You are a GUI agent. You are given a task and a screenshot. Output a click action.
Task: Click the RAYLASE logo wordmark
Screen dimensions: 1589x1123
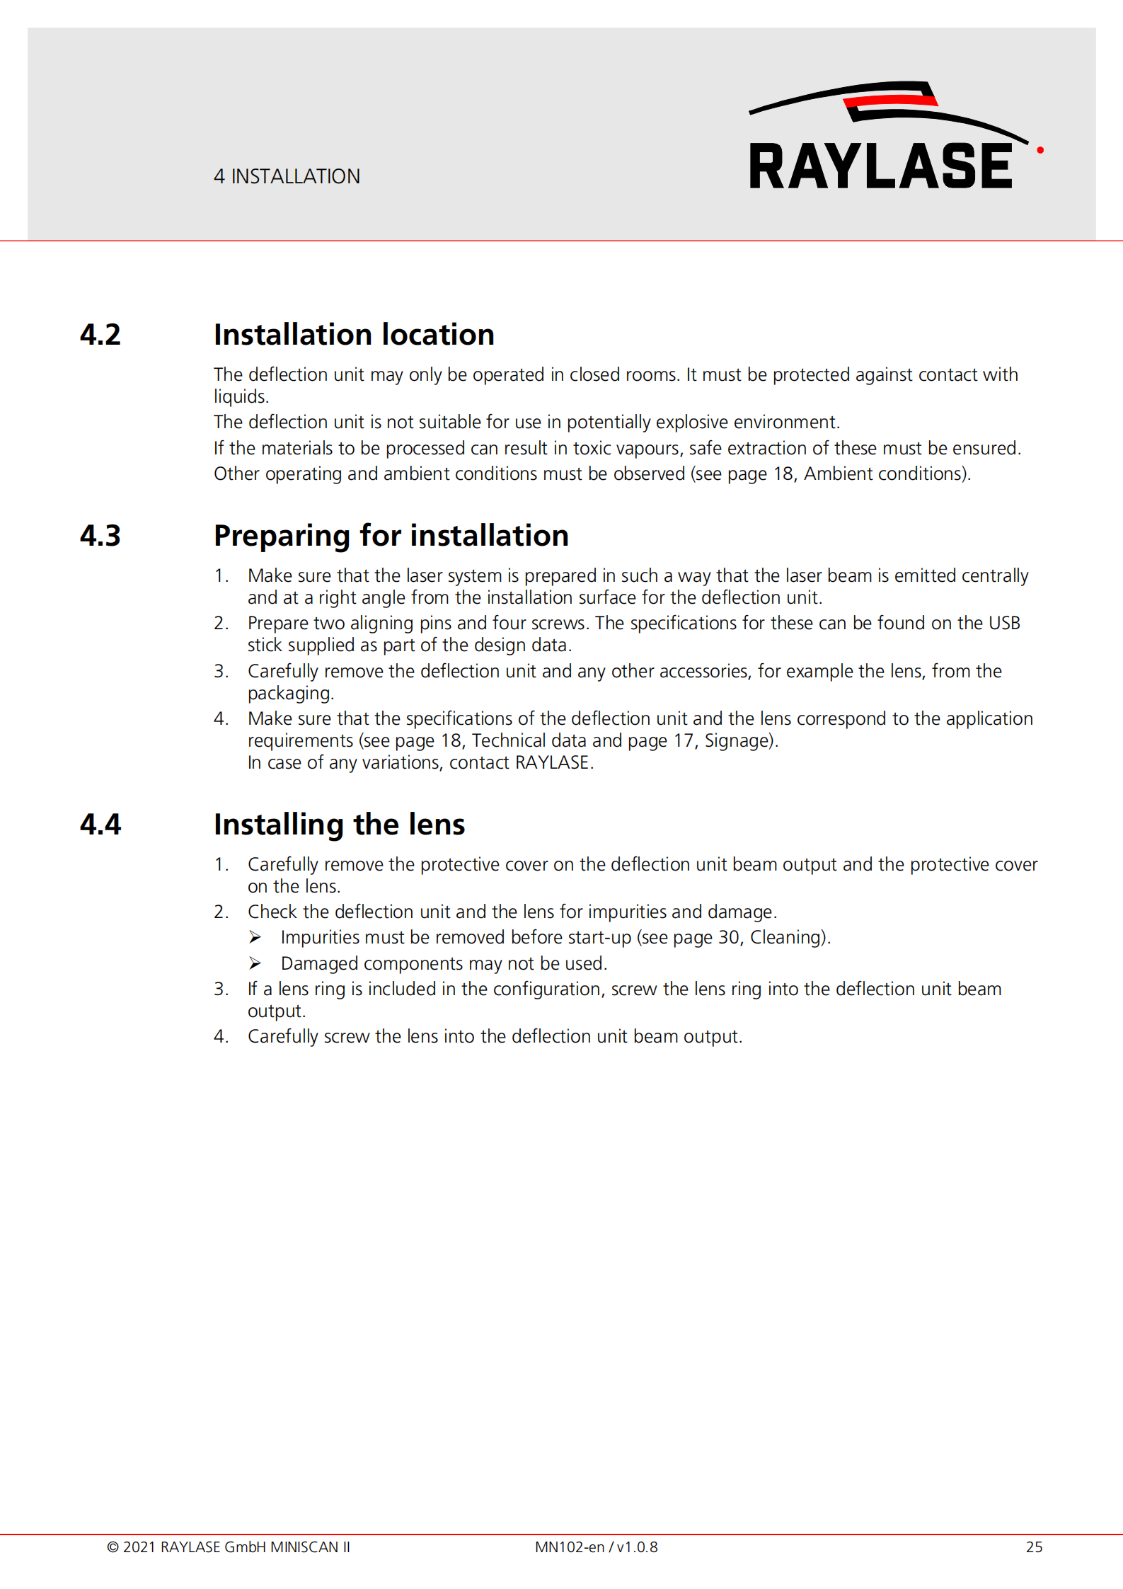pyautogui.click(x=880, y=166)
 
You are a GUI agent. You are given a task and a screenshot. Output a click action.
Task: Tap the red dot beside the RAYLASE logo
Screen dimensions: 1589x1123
pyautogui.click(x=1040, y=150)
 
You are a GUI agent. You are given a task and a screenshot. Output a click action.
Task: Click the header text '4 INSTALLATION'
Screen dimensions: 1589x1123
pyautogui.click(x=287, y=176)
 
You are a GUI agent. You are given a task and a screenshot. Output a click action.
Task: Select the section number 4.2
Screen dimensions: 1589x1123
pyautogui.click(x=100, y=335)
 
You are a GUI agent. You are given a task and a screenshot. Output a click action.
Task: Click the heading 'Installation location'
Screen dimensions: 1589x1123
pyautogui.click(x=354, y=335)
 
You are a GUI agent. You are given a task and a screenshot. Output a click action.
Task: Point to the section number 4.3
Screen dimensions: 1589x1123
pyautogui.click(x=100, y=536)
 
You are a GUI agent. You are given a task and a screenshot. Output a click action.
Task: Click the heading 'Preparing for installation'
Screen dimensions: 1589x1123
pyautogui.click(x=391, y=536)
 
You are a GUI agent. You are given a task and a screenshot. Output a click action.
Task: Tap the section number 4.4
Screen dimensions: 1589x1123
pyautogui.click(x=100, y=825)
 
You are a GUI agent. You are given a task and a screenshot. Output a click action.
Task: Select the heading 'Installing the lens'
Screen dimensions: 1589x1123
pyautogui.click(x=339, y=825)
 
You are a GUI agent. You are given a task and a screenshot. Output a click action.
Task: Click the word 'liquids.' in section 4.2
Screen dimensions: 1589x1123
pyautogui.click(x=241, y=397)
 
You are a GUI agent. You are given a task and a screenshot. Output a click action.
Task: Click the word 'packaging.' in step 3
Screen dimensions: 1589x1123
pyautogui.click(x=290, y=694)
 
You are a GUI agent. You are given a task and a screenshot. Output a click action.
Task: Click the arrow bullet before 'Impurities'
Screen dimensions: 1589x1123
pyautogui.click(x=255, y=938)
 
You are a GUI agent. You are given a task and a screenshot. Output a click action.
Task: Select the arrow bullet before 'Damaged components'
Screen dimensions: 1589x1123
pyautogui.click(x=255, y=964)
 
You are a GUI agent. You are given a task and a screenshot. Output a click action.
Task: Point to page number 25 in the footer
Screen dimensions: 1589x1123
pyautogui.click(x=1034, y=1547)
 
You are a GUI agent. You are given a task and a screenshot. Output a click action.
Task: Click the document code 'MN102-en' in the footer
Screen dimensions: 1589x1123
pyautogui.click(x=569, y=1547)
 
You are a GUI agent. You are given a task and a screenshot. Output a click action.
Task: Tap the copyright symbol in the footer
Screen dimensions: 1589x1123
pyautogui.click(x=113, y=1547)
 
